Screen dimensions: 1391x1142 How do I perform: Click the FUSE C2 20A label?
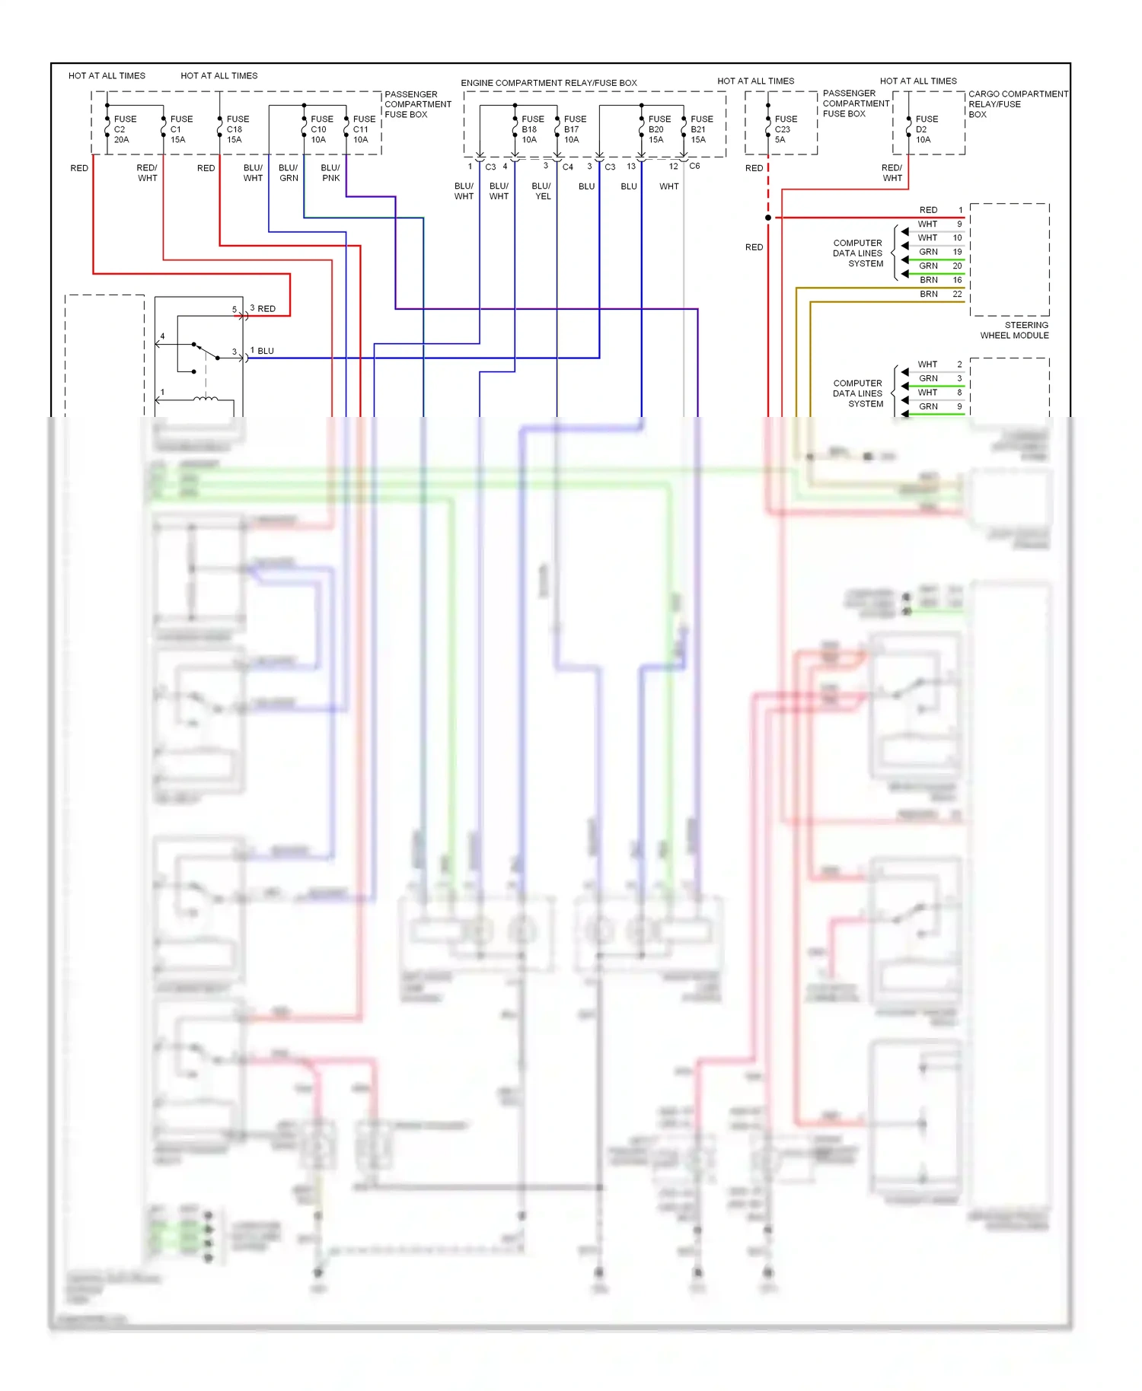pos(124,129)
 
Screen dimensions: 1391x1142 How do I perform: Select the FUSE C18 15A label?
pos(237,129)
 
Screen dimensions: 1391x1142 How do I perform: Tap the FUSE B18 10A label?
pos(532,129)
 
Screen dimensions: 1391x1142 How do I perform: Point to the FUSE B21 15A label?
pos(701,129)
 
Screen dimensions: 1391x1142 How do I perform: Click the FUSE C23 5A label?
pos(785,129)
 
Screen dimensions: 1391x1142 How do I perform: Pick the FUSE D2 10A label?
pos(926,129)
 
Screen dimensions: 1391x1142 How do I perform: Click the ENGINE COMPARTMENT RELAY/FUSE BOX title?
pos(548,83)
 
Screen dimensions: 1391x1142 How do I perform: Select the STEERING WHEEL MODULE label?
pos(1014,330)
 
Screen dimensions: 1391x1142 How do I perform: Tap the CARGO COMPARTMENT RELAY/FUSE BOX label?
pos(1017,104)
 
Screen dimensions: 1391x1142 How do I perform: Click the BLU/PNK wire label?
pos(330,173)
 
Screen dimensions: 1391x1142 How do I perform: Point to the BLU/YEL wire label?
pos(541,191)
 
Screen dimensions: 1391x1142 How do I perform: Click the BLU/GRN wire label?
pos(289,173)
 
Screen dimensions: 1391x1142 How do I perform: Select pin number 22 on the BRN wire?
pos(957,294)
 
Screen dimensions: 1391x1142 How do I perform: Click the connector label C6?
pos(694,166)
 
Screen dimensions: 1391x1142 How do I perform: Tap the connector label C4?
pos(568,167)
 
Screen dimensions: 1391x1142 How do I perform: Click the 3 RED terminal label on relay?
pos(263,308)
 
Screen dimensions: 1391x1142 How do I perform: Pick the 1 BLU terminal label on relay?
pos(263,351)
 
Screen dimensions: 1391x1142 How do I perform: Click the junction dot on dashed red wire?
pos(768,218)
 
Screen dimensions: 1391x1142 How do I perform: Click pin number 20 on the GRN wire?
pos(957,266)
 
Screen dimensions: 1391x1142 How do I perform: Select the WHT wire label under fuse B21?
pos(668,186)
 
